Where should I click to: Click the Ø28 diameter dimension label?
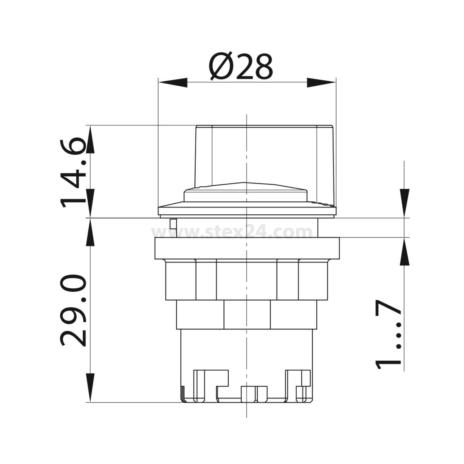(241, 67)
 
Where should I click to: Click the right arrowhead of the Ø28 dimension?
(321, 83)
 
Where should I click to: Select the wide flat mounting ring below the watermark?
(247, 248)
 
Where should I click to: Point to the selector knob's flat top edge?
(264, 125)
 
